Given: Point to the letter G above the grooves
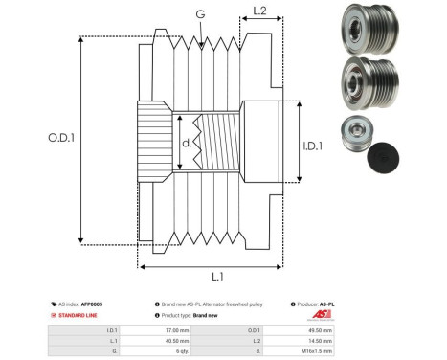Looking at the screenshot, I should [x=199, y=13].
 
